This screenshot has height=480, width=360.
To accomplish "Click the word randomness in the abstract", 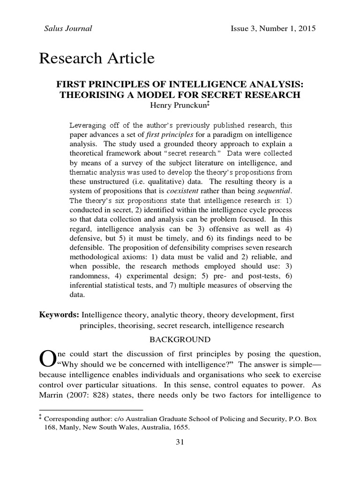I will (89, 275).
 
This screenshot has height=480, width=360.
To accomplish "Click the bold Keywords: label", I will (59, 315).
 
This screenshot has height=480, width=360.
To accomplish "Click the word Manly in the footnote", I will (72, 427).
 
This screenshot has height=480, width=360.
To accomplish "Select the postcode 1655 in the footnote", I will (182, 427).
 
